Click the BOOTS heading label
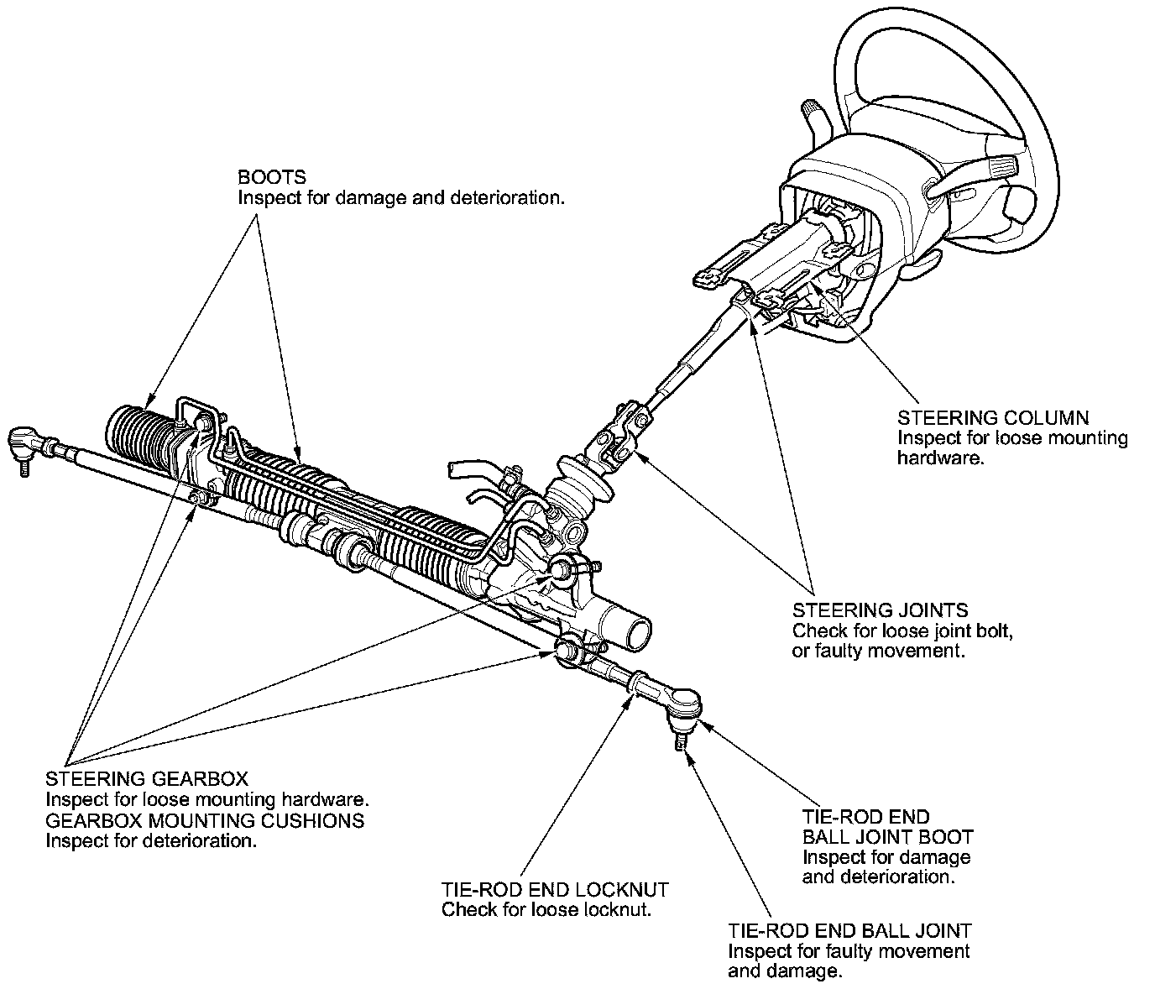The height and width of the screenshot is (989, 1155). tap(272, 177)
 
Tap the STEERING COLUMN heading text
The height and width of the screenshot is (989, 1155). tap(993, 418)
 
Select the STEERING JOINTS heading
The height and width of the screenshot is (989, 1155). tap(880, 610)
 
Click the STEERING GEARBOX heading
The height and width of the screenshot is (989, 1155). tap(147, 778)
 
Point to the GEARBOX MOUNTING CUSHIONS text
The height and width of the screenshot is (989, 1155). tap(205, 820)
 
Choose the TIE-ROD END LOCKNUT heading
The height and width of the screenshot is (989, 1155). tap(555, 889)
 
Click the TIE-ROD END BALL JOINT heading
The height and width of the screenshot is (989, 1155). tap(849, 930)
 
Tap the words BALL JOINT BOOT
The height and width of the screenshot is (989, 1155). tap(888, 836)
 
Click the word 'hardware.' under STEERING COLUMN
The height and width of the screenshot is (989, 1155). tap(940, 458)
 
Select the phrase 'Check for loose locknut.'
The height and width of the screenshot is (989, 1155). tap(546, 909)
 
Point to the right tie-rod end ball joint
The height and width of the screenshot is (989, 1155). tap(684, 704)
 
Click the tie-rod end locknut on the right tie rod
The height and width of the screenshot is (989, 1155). tap(638, 685)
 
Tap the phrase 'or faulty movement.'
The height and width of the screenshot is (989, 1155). tap(879, 651)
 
